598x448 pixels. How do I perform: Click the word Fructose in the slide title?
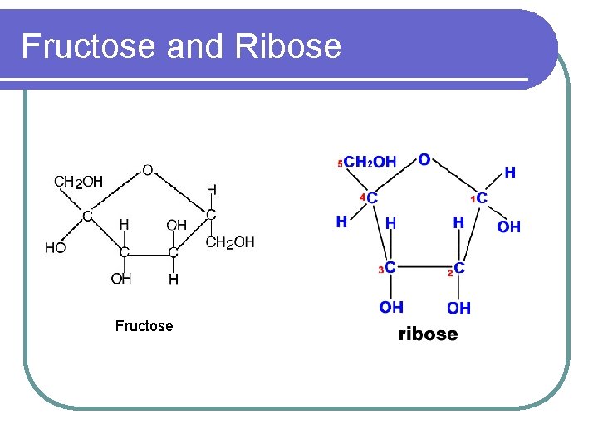(x=88, y=46)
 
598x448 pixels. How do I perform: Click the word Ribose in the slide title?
(x=288, y=46)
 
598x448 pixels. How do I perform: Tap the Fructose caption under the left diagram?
(x=145, y=326)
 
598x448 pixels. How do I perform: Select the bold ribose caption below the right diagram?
(x=428, y=334)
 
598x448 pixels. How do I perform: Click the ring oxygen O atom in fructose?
(x=147, y=170)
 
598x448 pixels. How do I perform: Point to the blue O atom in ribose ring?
(x=424, y=159)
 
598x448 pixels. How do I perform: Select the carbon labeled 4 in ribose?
(x=371, y=198)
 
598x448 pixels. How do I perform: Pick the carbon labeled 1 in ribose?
(x=481, y=198)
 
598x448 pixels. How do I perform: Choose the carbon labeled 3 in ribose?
(x=390, y=267)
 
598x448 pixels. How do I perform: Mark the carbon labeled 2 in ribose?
(x=459, y=268)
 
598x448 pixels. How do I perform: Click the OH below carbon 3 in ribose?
(x=391, y=307)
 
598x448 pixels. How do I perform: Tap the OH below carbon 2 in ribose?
(x=458, y=308)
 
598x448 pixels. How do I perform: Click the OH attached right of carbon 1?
(x=509, y=226)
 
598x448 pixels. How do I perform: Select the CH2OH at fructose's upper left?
(x=79, y=182)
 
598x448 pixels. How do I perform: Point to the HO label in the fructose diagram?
(x=56, y=247)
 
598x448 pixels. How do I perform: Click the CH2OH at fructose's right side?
(x=230, y=242)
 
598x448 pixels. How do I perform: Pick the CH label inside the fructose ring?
(x=176, y=225)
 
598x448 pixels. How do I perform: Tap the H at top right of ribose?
(x=509, y=173)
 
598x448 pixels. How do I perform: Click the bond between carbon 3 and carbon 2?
(x=424, y=268)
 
